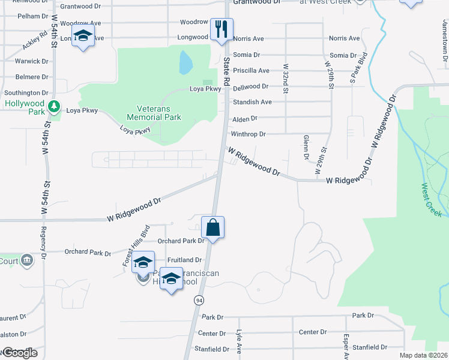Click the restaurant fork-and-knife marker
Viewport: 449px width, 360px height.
tap(221, 29)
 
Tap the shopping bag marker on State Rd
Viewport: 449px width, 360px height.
tap(212, 228)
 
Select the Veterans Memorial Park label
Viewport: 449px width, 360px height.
tap(154, 113)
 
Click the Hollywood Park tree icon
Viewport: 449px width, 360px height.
tap(55, 107)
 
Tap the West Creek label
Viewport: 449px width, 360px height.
tap(432, 200)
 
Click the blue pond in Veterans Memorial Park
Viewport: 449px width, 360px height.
tap(185, 60)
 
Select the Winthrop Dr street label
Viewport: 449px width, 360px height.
tap(248, 134)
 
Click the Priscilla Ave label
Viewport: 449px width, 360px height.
tap(251, 70)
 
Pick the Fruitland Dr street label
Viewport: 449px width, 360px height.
tap(184, 260)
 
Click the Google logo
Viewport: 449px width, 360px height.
tap(19, 353)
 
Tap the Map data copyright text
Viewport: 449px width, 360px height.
tap(423, 355)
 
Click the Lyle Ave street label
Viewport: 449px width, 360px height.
tap(239, 343)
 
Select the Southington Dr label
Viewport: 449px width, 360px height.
tap(26, 93)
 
